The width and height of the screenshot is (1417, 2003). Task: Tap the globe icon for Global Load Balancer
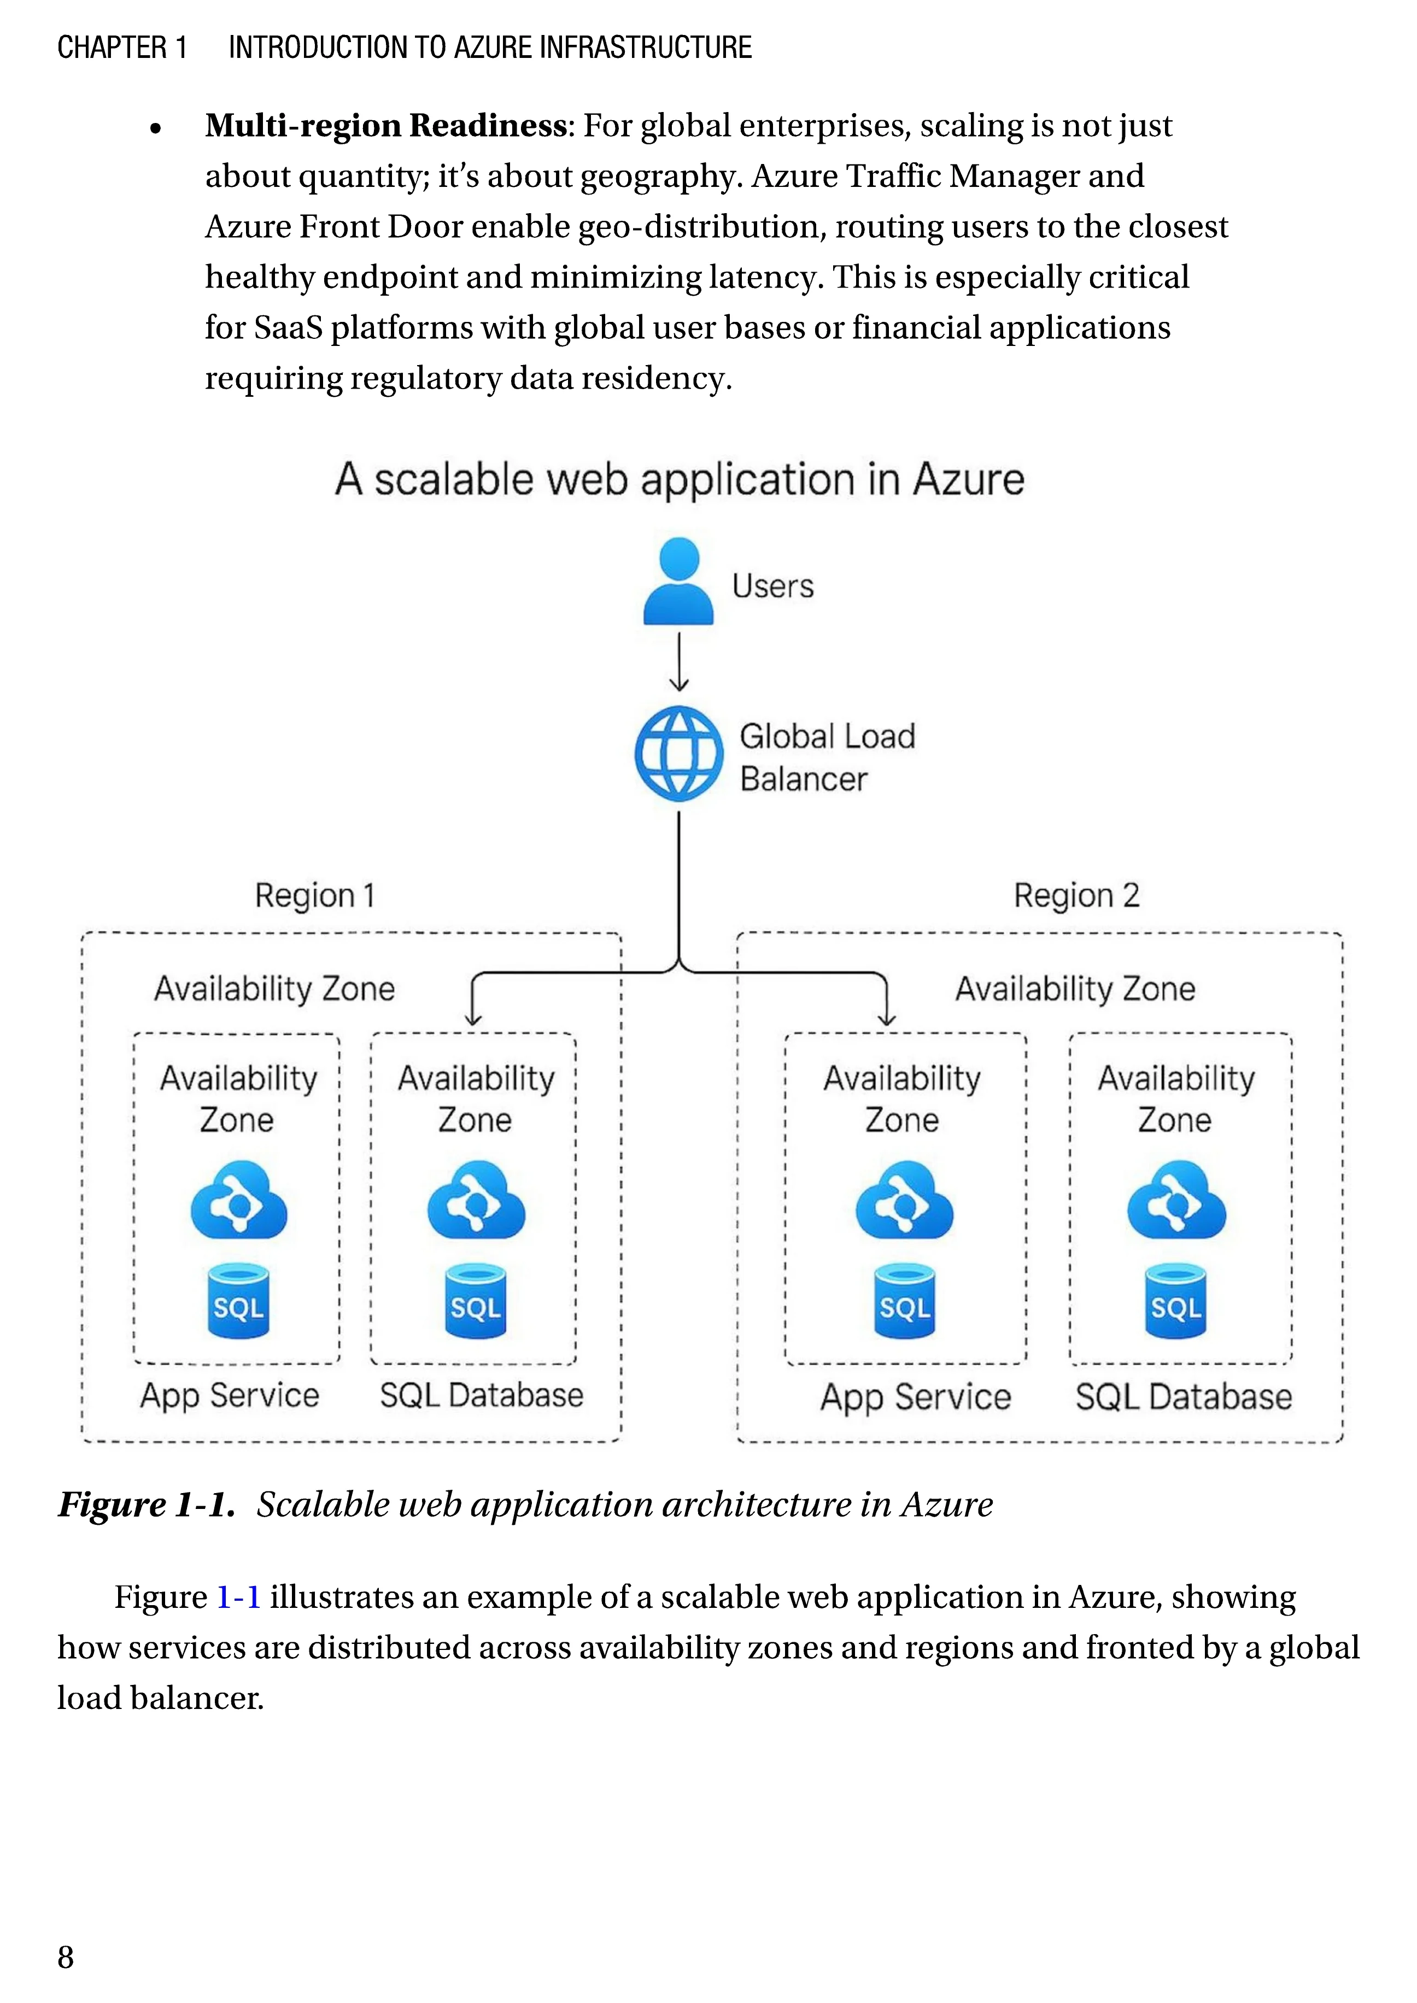[678, 754]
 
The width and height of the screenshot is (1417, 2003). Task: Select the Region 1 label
[314, 895]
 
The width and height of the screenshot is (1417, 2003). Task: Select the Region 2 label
[1076, 895]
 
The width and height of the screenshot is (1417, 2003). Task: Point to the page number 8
[66, 1957]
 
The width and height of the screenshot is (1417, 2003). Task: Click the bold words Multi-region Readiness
[385, 126]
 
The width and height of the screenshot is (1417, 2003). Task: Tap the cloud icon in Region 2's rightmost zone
[1176, 1201]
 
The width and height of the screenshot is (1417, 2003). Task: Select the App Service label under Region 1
[230, 1395]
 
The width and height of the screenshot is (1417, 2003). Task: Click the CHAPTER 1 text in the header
[122, 47]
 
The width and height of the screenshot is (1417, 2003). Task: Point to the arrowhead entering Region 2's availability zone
[887, 1018]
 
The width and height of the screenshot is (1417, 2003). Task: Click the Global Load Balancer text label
[826, 757]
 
